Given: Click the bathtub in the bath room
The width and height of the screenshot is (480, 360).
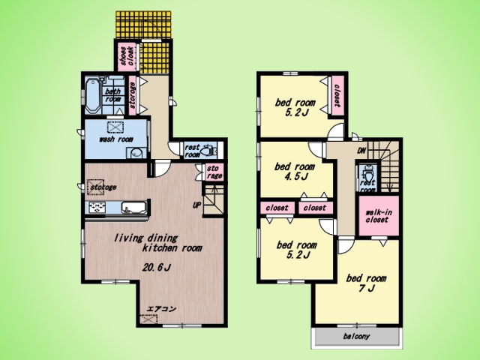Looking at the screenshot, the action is (x=92, y=95).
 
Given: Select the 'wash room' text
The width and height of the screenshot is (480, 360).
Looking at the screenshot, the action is (x=116, y=139).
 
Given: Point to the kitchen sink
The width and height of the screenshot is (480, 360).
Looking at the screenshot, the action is (x=133, y=207).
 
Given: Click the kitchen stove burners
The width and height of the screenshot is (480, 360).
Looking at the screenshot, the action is (x=97, y=207).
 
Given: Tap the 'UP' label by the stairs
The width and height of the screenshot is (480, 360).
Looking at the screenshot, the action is (x=196, y=205).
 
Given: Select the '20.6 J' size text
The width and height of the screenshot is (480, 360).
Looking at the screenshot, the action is (x=156, y=268).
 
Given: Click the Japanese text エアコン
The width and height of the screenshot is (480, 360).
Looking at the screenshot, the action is (x=161, y=309).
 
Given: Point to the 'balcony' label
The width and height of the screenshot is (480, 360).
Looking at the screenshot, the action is (x=356, y=337).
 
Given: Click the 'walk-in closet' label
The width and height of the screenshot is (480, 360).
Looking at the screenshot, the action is (x=378, y=216).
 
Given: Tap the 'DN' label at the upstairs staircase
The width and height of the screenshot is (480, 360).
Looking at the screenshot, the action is (x=361, y=151).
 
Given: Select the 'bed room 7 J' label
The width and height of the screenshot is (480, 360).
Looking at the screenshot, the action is (x=366, y=283).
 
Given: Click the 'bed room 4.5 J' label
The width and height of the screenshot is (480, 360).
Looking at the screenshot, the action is (x=295, y=172).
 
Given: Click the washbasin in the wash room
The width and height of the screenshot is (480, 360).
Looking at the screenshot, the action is (x=136, y=153).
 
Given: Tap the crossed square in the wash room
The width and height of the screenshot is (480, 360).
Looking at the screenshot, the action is (x=115, y=127).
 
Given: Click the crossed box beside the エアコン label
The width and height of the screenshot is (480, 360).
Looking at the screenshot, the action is (x=148, y=319).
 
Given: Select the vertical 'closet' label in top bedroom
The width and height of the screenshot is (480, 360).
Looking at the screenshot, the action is (x=337, y=96).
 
